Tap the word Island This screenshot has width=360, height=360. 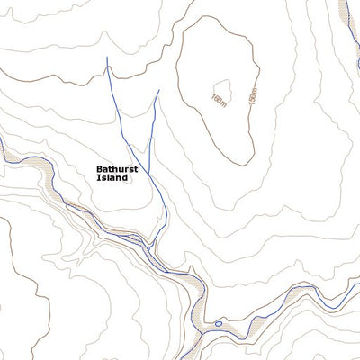tap(112, 177)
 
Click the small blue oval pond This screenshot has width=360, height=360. tap(217, 321)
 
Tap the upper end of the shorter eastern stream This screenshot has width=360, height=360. tap(158, 89)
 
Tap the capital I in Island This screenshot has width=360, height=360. tap(97, 177)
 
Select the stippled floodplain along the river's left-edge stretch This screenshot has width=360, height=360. tap(27, 166)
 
